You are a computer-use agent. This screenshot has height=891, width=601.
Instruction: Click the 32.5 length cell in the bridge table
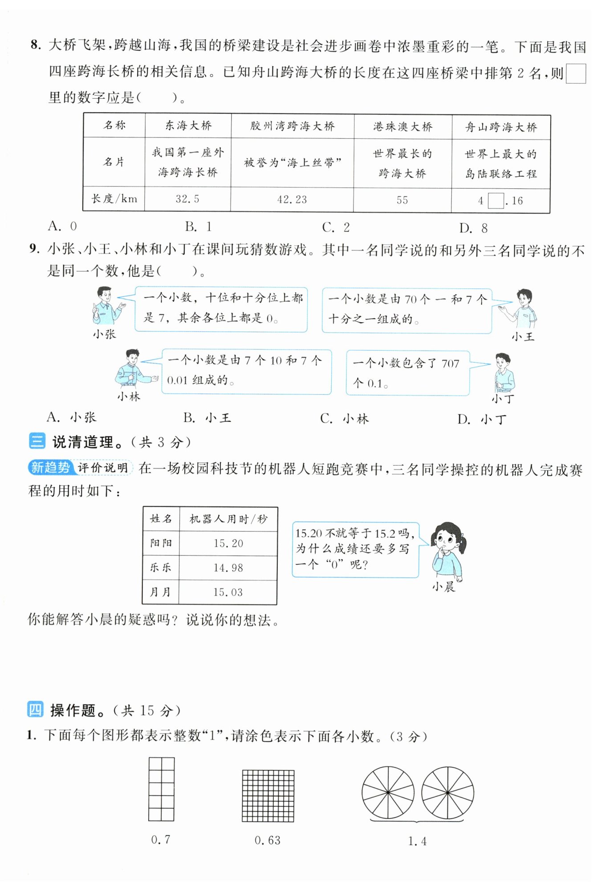tap(187, 199)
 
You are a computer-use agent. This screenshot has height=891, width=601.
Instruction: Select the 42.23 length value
tap(292, 199)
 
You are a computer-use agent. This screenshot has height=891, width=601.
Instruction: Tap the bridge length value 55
tap(402, 200)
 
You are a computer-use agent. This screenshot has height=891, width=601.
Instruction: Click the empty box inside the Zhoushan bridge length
tap(495, 201)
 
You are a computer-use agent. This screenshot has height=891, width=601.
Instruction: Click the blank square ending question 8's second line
tap(576, 74)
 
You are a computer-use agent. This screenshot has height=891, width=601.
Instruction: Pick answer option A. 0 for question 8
tap(63, 226)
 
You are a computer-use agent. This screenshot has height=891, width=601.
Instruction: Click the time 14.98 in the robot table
tap(228, 568)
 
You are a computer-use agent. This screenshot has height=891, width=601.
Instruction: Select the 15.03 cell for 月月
tap(228, 592)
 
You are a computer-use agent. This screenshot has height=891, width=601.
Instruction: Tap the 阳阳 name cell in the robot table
tap(161, 543)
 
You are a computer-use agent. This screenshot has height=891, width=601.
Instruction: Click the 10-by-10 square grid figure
tap(268, 796)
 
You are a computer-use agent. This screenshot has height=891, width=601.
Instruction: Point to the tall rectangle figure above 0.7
tap(161, 789)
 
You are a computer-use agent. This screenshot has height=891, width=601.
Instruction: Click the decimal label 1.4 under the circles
tap(417, 841)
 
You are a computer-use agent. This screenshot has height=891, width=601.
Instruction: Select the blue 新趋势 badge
tap(51, 467)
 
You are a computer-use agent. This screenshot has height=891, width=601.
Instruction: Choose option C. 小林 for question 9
tap(345, 419)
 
